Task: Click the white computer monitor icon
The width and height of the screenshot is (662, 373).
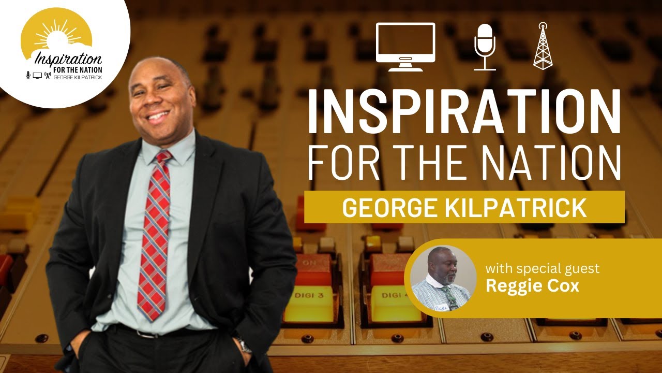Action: pos(405,46)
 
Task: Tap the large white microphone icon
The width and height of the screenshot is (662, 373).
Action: pos(485,46)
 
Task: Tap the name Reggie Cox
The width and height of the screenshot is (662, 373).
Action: pos(532,285)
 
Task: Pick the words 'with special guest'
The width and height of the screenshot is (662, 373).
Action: pos(543,269)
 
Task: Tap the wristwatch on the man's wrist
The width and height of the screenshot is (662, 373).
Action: pos(242,344)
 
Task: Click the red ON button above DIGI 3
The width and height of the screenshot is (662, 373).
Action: pos(312,264)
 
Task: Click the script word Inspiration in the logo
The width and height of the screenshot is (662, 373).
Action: pos(67,56)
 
